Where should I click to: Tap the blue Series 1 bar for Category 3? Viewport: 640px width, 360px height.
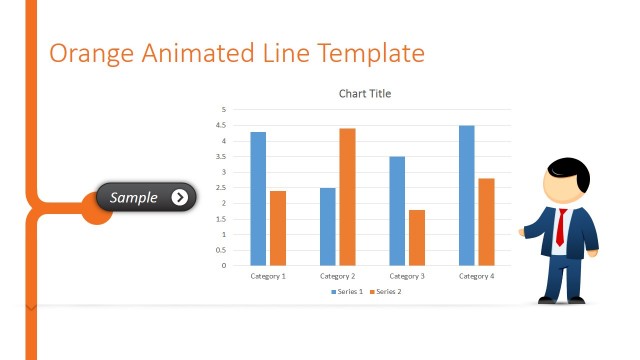pyautogui.click(x=397, y=210)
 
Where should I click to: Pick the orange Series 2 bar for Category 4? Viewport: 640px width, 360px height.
pyautogui.click(x=486, y=221)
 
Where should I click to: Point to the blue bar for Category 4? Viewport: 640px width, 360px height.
pyautogui.click(x=467, y=195)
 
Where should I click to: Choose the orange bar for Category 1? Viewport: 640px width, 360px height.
pyautogui.click(x=278, y=228)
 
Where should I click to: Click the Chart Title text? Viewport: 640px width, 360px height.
pyautogui.click(x=365, y=94)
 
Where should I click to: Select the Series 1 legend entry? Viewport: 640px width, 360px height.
pyautogui.click(x=348, y=291)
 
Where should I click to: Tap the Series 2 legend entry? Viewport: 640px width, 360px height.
pyautogui.click(x=384, y=291)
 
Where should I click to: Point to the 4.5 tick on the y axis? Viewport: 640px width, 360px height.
pyautogui.click(x=222, y=125)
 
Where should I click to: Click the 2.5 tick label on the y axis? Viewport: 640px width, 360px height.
pyautogui.click(x=222, y=188)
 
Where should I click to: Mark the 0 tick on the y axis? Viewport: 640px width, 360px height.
pyautogui.click(x=224, y=266)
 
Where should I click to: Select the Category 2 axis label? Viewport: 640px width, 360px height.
pyautogui.click(x=338, y=276)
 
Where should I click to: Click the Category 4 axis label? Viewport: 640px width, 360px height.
pyautogui.click(x=477, y=276)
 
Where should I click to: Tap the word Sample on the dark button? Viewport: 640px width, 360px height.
pyautogui.click(x=133, y=198)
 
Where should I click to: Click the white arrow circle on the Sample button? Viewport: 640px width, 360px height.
pyautogui.click(x=179, y=197)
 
